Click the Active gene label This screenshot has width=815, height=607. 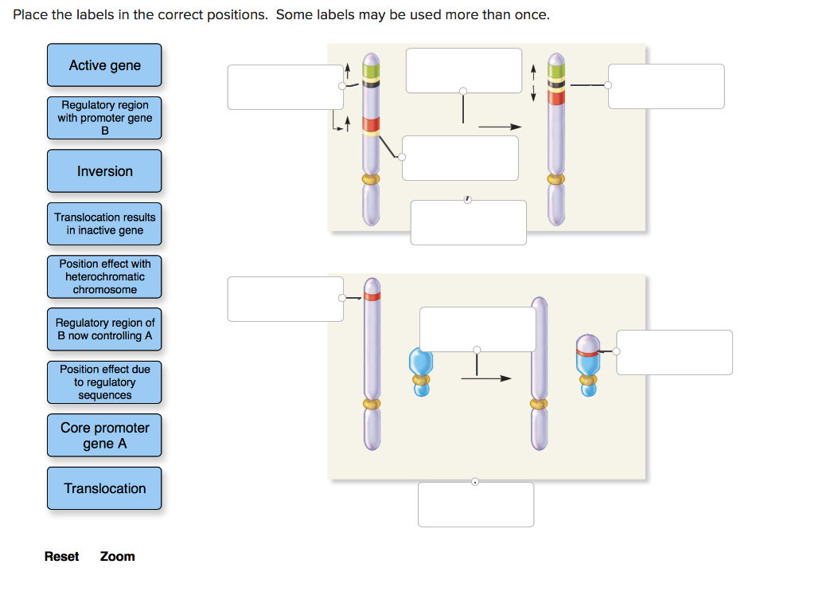pyautogui.click(x=104, y=65)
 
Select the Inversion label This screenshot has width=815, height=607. pyautogui.click(x=104, y=171)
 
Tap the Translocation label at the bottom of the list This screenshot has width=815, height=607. pyautogui.click(x=104, y=488)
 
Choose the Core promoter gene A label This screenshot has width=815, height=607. pyautogui.click(x=104, y=435)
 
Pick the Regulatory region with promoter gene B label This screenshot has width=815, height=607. pyautogui.click(x=104, y=118)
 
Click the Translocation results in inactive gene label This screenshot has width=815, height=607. pyautogui.click(x=104, y=224)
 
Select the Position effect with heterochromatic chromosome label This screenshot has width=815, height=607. pyautogui.click(x=104, y=276)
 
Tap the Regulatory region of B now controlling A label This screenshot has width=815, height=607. pyautogui.click(x=104, y=329)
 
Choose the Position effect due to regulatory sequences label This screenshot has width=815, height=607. pyautogui.click(x=104, y=382)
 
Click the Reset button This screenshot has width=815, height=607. pyautogui.click(x=61, y=556)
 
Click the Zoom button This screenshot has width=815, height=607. pyautogui.click(x=117, y=556)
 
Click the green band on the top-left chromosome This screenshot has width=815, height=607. pyautogui.click(x=371, y=70)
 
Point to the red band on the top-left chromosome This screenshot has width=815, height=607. pyautogui.click(x=371, y=123)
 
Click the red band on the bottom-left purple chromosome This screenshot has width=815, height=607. pyautogui.click(x=372, y=296)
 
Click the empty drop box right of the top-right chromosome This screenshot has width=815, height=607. pyautogui.click(x=666, y=86)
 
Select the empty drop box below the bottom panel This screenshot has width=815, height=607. pyautogui.click(x=476, y=504)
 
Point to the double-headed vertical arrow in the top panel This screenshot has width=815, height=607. pyautogui.click(x=534, y=83)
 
